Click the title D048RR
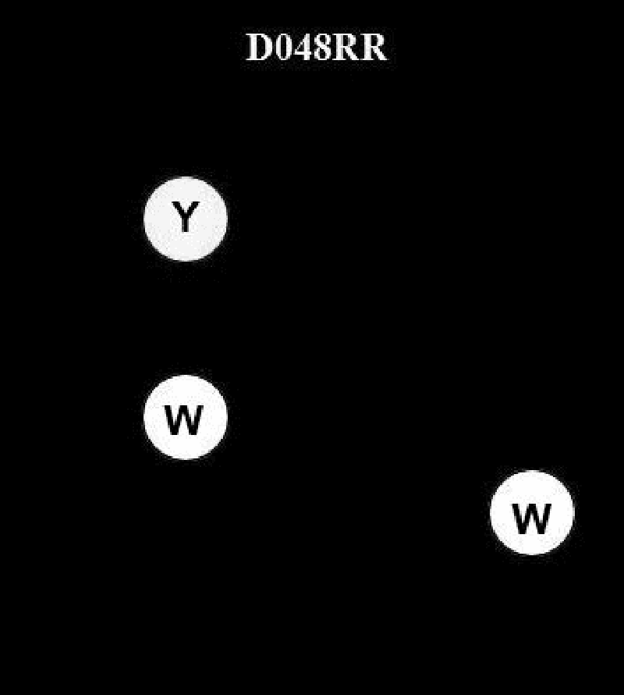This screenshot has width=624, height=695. (x=316, y=48)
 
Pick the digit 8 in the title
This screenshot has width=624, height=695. (x=322, y=48)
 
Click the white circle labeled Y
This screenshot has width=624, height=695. (x=186, y=219)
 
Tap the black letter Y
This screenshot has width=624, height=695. (x=184, y=217)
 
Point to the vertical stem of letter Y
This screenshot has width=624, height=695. (x=184, y=226)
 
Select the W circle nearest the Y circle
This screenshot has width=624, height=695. (x=186, y=418)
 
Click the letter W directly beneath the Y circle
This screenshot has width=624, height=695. (x=184, y=420)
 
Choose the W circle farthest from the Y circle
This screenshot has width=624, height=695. (x=532, y=513)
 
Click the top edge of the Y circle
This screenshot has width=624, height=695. (x=186, y=179)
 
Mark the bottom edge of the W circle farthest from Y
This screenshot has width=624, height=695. (x=532, y=553)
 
